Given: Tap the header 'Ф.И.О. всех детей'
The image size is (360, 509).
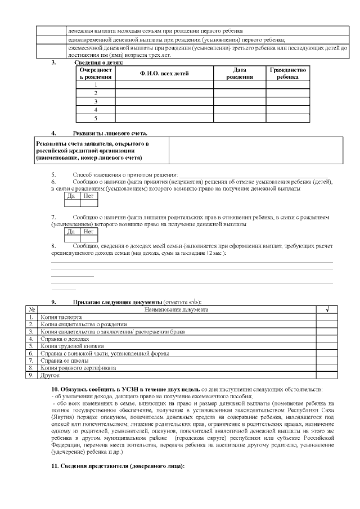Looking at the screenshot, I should (x=164, y=74).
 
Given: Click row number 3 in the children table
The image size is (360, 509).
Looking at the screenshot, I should (x=96, y=101).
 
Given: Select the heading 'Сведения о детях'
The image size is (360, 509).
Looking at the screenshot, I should (x=98, y=62).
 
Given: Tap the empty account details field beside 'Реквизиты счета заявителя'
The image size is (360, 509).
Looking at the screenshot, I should (x=255, y=151).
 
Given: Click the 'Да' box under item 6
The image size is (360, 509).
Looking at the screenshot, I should (x=71, y=196).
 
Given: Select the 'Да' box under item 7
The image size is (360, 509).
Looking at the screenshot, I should (x=71, y=231).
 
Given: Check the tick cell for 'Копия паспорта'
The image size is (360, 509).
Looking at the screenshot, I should (x=327, y=317).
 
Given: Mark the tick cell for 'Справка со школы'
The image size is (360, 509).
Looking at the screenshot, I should (x=327, y=361).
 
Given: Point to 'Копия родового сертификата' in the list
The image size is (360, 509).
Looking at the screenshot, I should (x=78, y=368).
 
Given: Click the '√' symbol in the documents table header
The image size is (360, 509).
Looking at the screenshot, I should (x=327, y=309).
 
